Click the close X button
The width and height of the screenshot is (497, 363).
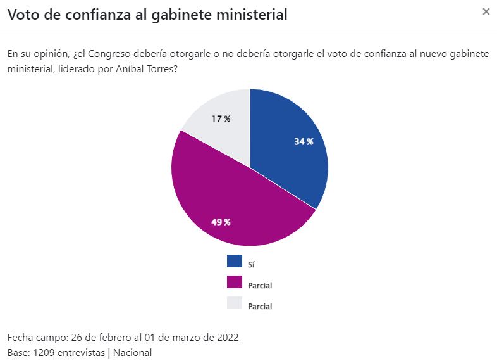click(x=486, y=11)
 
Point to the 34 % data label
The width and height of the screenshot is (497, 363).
click(x=304, y=142)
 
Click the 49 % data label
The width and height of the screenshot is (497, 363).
click(x=221, y=222)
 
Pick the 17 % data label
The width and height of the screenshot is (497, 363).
click(x=221, y=118)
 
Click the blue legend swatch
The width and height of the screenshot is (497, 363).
click(x=234, y=261)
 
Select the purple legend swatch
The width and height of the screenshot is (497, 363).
click(x=234, y=282)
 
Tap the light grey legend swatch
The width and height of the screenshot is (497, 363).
click(x=234, y=303)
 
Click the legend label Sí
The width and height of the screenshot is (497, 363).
click(x=252, y=265)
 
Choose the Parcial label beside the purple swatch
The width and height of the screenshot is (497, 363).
click(x=260, y=286)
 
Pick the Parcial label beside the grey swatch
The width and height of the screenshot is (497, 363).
click(x=260, y=307)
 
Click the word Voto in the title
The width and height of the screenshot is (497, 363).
click(x=23, y=15)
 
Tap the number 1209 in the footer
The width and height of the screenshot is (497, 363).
click(x=43, y=352)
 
